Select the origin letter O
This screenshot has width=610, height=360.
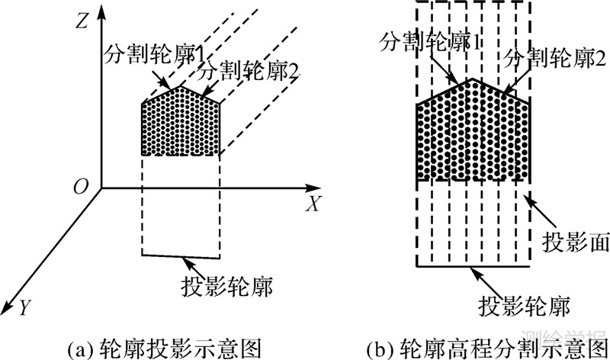(79, 187)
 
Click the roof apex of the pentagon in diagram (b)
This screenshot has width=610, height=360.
(473, 78)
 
